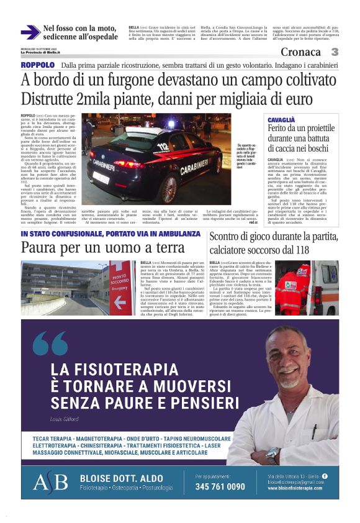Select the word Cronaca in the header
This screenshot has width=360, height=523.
[x=300, y=53]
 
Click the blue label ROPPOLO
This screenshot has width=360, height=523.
[x=38, y=65]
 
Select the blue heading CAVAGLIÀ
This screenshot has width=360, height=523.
[x=282, y=119]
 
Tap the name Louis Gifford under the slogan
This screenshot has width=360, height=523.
[x=65, y=419]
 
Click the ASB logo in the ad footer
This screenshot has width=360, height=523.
[x=50, y=481]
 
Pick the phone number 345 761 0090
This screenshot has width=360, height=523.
[x=220, y=486]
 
